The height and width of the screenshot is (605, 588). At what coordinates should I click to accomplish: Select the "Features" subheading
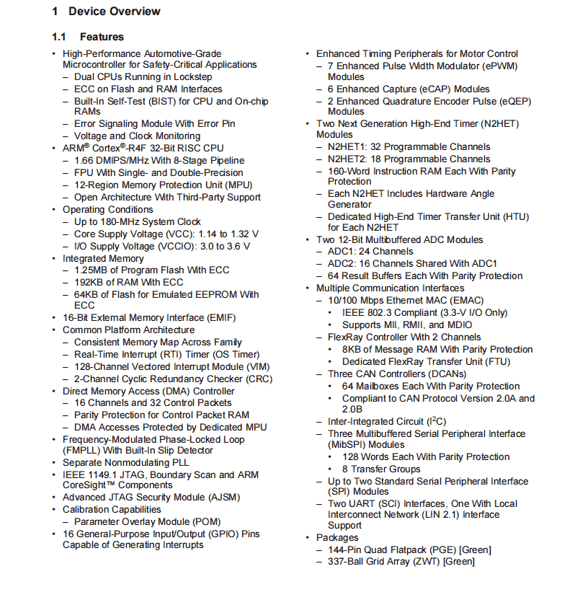[102, 37]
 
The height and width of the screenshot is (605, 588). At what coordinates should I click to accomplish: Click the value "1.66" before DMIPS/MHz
[84, 160]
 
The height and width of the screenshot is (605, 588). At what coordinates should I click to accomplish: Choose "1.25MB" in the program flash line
[91, 270]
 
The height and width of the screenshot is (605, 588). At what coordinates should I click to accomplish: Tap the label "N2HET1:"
[348, 147]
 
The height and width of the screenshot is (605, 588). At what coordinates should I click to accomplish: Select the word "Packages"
[337, 538]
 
